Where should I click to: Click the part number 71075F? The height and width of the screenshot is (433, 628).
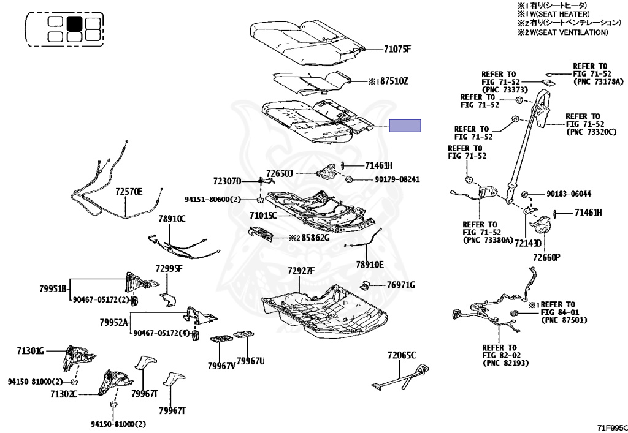[x=397, y=50]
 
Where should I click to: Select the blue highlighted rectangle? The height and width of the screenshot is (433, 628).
[x=405, y=126]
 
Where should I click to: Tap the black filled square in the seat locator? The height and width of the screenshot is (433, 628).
[x=74, y=24]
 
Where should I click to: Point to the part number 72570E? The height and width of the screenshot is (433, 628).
[x=129, y=192]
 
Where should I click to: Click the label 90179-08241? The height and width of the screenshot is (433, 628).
[x=397, y=179]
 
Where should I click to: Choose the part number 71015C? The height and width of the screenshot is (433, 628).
[x=262, y=216]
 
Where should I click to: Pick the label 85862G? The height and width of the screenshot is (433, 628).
[x=315, y=238]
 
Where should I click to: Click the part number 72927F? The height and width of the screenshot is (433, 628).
[x=301, y=271]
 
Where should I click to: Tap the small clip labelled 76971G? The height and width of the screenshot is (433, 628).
[x=366, y=285]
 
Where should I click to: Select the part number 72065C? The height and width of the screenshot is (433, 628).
[x=402, y=355]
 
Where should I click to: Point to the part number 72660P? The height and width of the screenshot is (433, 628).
[x=546, y=257]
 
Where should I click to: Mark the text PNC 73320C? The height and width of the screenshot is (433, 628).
[x=592, y=132]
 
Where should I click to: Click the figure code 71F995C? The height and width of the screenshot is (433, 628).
[x=613, y=427]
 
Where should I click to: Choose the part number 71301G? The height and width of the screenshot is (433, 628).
[x=31, y=351]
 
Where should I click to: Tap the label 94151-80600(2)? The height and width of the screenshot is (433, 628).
[x=213, y=198]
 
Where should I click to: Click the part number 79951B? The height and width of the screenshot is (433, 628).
[x=53, y=288]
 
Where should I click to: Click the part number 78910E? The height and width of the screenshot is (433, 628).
[x=370, y=265]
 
